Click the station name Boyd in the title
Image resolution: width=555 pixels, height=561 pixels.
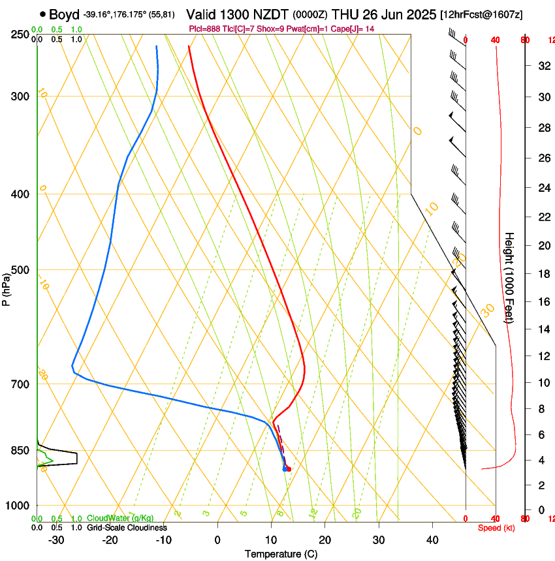[x=64, y=14]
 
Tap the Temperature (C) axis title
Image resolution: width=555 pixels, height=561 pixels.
[x=281, y=554]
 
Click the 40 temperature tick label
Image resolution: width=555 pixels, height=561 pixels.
[x=432, y=539]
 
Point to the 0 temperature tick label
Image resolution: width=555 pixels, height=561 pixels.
[x=217, y=539]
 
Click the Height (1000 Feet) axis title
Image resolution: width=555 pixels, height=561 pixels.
[x=510, y=277]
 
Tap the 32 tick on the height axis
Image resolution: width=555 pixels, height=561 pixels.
[x=543, y=65]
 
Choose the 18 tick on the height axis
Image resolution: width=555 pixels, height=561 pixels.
[x=543, y=274]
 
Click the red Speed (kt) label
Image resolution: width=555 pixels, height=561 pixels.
[x=496, y=528]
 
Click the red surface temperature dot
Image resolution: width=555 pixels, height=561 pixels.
[x=289, y=469]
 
